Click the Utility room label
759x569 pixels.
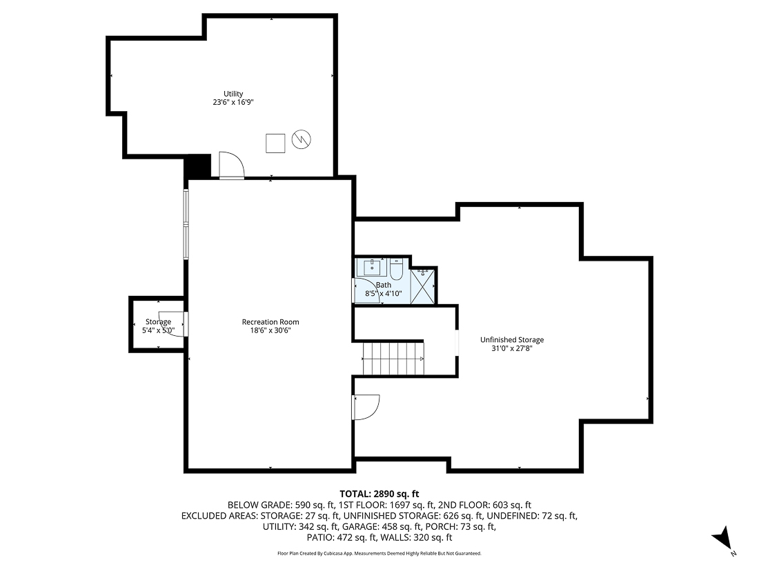coord(233,94)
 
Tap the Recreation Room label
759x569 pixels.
coord(270,322)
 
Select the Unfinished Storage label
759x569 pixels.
coord(512,339)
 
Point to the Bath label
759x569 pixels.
coord(383,285)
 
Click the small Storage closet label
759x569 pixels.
coord(158,322)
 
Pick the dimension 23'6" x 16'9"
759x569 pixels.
coord(233,102)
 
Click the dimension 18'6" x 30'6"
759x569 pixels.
coord(270,330)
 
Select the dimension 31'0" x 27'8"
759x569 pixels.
coord(512,348)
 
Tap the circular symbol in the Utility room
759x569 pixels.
coord(301,140)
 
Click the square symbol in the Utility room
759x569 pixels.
coord(276,142)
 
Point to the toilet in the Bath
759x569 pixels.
coord(396,268)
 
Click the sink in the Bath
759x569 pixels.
coord(371,266)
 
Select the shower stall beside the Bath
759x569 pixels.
coord(424,285)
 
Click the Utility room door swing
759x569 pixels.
coord(231,166)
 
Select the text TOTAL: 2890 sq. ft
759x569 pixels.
coord(379,494)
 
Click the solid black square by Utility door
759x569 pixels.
coord(197,166)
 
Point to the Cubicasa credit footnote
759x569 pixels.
coord(379,553)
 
